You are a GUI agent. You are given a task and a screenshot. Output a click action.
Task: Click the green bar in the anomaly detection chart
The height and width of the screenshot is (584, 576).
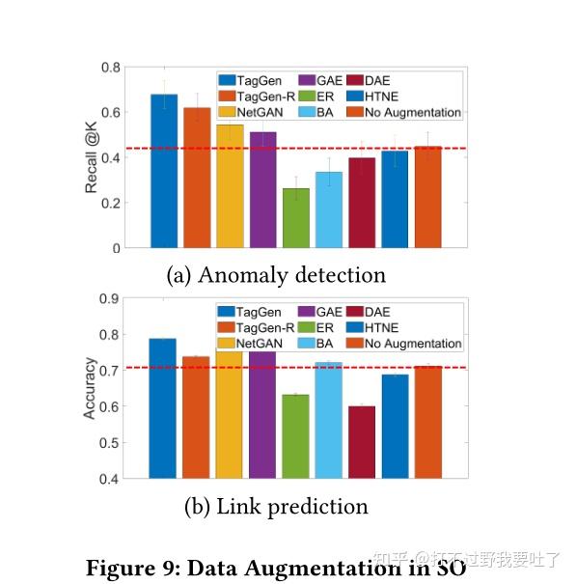(x=296, y=218)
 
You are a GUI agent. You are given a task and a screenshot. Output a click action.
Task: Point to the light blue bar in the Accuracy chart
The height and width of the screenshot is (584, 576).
(x=329, y=420)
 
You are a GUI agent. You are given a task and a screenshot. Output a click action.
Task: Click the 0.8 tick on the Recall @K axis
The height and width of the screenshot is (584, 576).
(x=112, y=68)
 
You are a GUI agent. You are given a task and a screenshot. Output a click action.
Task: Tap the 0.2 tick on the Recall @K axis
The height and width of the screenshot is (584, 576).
(x=112, y=203)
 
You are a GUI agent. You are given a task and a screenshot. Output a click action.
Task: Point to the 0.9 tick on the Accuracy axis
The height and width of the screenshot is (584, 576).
(x=112, y=298)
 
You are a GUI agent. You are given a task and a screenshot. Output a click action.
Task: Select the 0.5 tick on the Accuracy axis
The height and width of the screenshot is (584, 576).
(x=112, y=442)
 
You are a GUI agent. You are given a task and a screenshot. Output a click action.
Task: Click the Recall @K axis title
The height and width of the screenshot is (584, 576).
(x=92, y=157)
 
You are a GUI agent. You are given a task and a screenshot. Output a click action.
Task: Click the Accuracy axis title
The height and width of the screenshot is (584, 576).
(x=90, y=388)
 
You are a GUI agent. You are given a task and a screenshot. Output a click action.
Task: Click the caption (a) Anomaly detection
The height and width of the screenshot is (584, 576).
(x=276, y=275)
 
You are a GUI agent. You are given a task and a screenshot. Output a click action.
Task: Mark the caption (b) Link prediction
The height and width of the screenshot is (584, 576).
(x=276, y=506)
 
